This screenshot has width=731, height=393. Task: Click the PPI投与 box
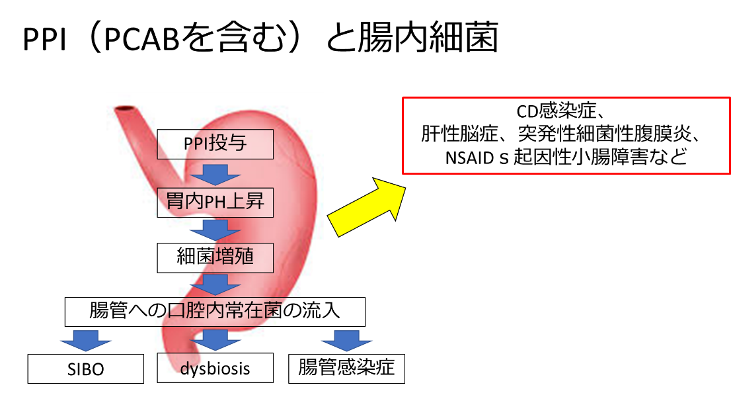215,144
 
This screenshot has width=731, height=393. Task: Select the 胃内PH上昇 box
215,202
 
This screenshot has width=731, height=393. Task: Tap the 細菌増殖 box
215,257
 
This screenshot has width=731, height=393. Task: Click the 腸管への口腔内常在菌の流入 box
215,312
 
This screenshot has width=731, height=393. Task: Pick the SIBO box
86,369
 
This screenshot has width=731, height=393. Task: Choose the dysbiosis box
215,368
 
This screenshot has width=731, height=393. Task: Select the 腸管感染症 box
346,369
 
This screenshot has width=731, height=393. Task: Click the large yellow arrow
366,207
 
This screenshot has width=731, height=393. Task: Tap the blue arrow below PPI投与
215,175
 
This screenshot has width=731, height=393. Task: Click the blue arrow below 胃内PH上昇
215,230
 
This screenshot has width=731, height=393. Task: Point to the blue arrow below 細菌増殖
215,284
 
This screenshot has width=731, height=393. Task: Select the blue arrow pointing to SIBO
86,341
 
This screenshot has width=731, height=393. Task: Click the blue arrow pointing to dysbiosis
215,340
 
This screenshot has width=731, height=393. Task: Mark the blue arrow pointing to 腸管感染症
346,341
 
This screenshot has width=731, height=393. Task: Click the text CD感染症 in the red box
556,110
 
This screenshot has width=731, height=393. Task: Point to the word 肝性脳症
459,134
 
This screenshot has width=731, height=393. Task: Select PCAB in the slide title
141,38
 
